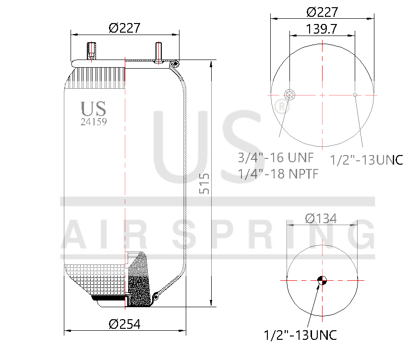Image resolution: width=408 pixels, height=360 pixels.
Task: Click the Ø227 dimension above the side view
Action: (124, 28)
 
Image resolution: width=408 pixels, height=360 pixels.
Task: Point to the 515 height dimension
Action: (204, 183)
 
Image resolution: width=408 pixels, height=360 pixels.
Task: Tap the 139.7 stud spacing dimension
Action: (322, 29)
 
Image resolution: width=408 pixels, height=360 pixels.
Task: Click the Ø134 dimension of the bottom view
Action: (321, 219)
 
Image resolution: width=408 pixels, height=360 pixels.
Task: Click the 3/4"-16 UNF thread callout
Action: (276, 157)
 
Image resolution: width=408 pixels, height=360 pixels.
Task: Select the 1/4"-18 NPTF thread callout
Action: (278, 174)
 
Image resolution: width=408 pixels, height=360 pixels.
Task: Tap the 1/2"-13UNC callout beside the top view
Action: (367, 160)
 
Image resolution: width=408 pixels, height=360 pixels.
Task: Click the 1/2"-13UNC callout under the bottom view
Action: (300, 335)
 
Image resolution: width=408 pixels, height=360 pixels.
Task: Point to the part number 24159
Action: (94, 122)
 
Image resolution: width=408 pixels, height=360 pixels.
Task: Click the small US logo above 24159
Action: (94, 108)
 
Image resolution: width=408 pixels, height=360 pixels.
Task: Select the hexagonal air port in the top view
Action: (290, 94)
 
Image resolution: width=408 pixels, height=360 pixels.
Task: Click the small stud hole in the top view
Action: (355, 95)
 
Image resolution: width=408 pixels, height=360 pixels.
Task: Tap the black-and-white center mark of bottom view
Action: (322, 280)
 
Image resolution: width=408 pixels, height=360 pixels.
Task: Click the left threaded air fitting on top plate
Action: (91, 52)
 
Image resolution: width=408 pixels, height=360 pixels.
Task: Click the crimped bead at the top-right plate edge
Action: (176, 63)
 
